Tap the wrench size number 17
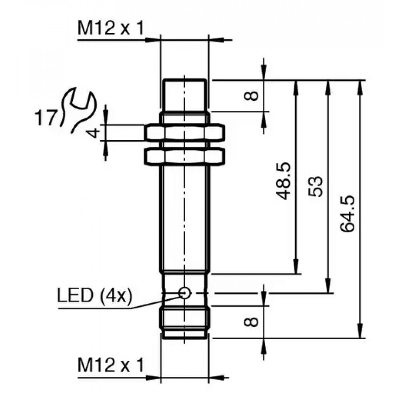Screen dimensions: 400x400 (45, 118)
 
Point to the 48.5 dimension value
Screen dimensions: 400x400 (283, 181)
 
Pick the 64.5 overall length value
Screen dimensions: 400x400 (348, 214)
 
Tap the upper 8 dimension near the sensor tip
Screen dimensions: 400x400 (251, 96)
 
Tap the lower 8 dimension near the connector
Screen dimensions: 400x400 (251, 322)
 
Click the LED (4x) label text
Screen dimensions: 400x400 (94, 296)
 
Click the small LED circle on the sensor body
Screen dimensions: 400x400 (184, 293)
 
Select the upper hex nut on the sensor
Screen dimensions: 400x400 (184, 133)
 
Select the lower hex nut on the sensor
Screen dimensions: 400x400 (184, 156)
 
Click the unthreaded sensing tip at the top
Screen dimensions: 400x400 (184, 96)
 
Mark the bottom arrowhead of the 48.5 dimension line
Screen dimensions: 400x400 (296, 266)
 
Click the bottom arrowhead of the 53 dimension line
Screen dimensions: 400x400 (328, 285)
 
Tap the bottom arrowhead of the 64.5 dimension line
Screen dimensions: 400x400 (360, 331)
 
